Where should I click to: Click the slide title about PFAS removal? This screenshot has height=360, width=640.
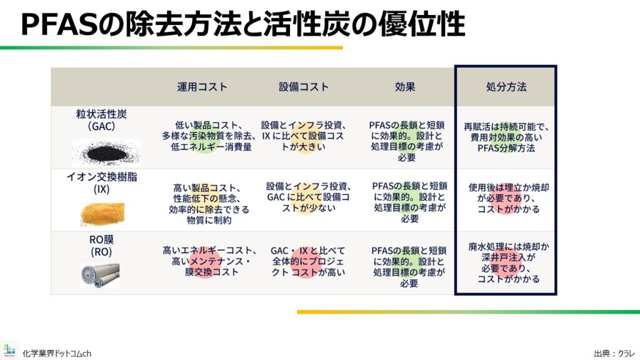(243, 24)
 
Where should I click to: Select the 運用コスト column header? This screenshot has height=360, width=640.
(202, 87)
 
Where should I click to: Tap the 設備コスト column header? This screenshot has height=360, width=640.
(304, 87)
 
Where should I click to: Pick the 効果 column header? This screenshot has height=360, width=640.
(405, 87)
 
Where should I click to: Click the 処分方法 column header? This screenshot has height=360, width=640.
(506, 87)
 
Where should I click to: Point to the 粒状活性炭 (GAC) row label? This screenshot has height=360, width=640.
(101, 120)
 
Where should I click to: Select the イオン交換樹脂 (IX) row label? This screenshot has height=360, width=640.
(102, 183)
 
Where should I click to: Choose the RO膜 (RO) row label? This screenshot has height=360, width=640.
(101, 245)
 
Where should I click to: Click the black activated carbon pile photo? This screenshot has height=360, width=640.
(106, 152)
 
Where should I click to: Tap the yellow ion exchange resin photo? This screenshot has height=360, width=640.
(102, 214)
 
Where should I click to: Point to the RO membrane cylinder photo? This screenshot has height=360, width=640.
(101, 276)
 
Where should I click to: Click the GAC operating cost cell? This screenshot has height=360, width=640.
(209, 136)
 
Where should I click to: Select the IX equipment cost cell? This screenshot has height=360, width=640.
(308, 197)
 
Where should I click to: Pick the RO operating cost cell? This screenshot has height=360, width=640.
(209, 261)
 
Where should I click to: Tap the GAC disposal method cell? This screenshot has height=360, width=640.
(506, 137)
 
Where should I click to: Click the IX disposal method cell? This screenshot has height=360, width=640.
(508, 198)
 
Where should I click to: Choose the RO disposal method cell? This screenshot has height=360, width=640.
(508, 263)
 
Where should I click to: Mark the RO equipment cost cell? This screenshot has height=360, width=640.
(308, 261)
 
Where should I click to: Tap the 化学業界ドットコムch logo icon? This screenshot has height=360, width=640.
(9, 350)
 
